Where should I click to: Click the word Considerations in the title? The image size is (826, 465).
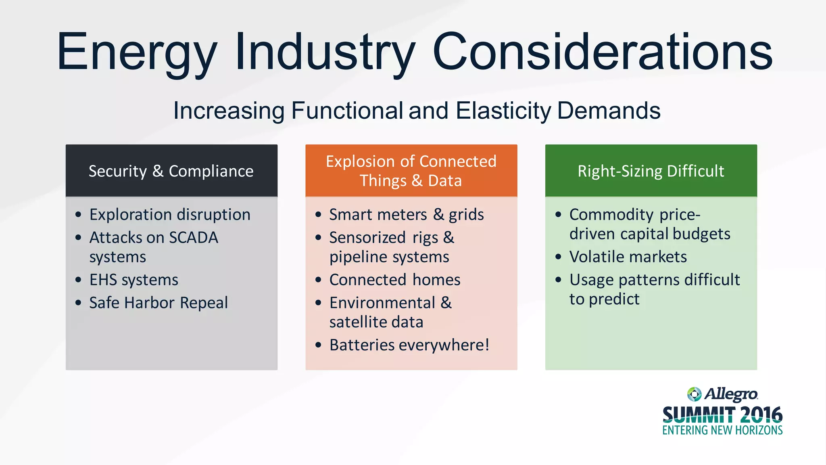(x=603, y=52)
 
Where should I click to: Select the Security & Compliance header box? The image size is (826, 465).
(x=171, y=171)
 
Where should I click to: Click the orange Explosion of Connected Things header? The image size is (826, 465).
(x=411, y=171)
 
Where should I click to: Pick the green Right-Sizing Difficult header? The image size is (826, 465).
(x=651, y=171)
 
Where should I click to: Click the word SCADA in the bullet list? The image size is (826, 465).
(x=194, y=238)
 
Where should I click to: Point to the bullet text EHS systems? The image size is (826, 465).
(x=133, y=280)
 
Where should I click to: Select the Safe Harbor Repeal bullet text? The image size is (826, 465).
(x=159, y=303)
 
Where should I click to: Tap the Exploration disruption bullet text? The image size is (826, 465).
(x=170, y=215)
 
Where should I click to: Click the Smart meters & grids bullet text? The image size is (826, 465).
(x=407, y=215)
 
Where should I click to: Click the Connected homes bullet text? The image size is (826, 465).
(x=395, y=280)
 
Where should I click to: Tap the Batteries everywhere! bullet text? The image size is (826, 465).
(x=409, y=346)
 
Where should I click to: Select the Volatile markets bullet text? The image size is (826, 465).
(x=628, y=257)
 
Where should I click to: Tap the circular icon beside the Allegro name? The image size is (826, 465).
(x=694, y=394)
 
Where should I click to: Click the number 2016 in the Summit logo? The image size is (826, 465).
(x=761, y=415)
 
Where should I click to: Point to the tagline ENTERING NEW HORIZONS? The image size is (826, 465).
(x=722, y=430)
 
